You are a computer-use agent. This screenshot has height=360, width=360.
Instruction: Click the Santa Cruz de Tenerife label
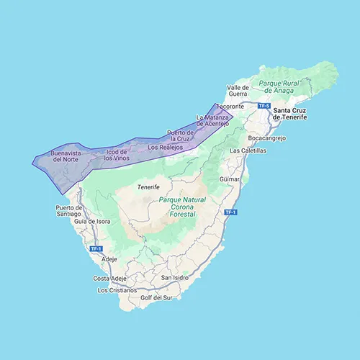pos(298,114)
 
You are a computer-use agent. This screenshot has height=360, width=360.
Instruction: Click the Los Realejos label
pos(165,147)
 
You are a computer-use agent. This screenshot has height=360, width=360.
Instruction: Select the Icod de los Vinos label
pos(116,156)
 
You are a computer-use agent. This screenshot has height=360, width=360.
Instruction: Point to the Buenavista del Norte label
pos(60,158)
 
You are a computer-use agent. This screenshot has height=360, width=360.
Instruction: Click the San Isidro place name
pos(175,277)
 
